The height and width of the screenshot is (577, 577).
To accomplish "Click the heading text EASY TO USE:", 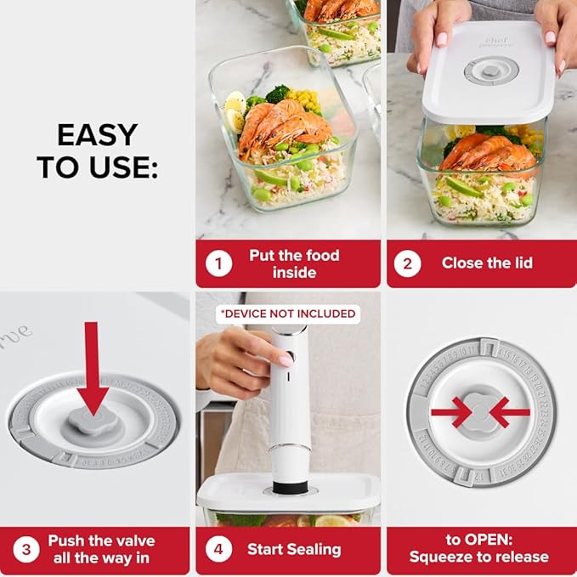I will coord(97,150).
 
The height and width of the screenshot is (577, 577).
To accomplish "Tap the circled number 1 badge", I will coord(219,263).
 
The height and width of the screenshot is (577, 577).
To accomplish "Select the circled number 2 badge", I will coord(407,263).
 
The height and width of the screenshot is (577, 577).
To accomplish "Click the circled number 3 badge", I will coord(26,550).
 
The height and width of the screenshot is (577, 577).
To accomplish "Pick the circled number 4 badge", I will coord(219,550).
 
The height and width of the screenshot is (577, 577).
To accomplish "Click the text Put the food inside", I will coord(294,263).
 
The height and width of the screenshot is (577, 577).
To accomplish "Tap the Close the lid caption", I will coord(487,263).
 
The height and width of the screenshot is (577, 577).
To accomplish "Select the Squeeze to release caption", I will coord(479,557).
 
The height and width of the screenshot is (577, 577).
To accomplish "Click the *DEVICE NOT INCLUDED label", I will coord(287,314).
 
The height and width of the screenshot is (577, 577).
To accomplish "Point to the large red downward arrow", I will coord(95,366).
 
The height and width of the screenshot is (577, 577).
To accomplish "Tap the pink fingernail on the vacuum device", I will coord(286,359).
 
